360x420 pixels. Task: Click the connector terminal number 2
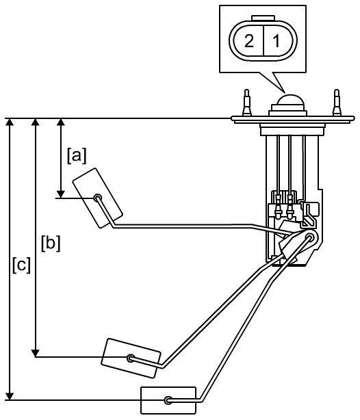tap(249, 41)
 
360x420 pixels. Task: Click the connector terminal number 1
tap(277, 41)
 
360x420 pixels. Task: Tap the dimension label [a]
tap(77, 156)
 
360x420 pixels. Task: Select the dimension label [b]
tap(51, 244)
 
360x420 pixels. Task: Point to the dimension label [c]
tap(21, 265)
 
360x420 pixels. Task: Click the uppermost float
tap(98, 198)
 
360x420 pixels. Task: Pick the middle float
tap(131, 358)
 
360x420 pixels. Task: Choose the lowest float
tap(168, 400)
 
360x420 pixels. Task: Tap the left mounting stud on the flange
tap(247, 103)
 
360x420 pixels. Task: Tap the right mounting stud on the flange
tap(337, 103)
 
